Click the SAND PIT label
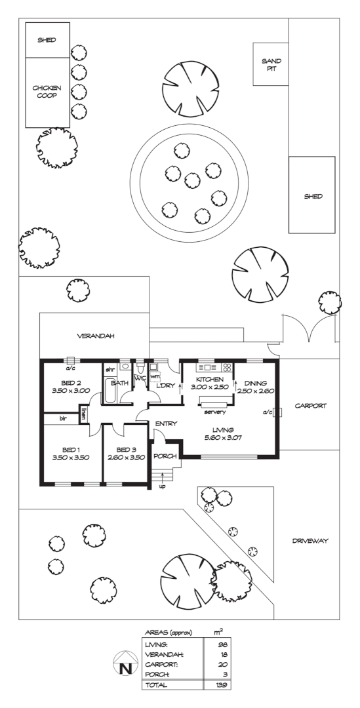click(x=271, y=64)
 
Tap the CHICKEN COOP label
click(x=47, y=92)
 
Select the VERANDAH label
click(x=95, y=336)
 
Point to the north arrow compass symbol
click(x=125, y=663)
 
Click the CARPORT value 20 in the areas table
click(x=224, y=665)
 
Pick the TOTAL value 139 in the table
click(x=222, y=685)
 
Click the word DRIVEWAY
click(x=310, y=540)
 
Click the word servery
click(x=215, y=412)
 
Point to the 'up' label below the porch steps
click(x=162, y=486)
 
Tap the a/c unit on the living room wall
click(x=277, y=412)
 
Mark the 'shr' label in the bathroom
click(x=110, y=369)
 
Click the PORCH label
click(x=165, y=456)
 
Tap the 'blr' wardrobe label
click(x=63, y=419)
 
